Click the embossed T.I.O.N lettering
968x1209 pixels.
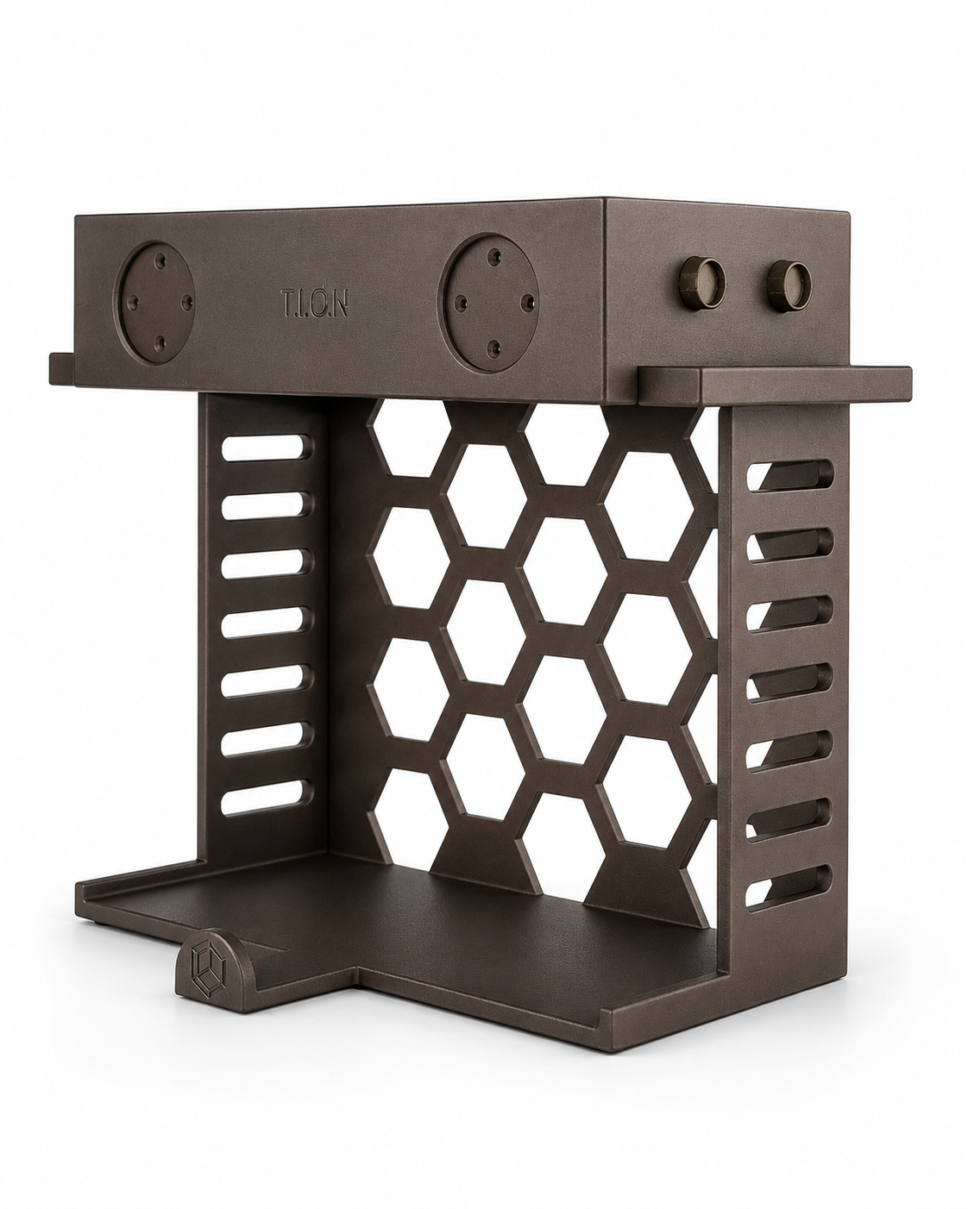coord(314,304)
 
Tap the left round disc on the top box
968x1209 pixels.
coord(155,304)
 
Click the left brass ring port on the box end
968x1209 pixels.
coord(702,283)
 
